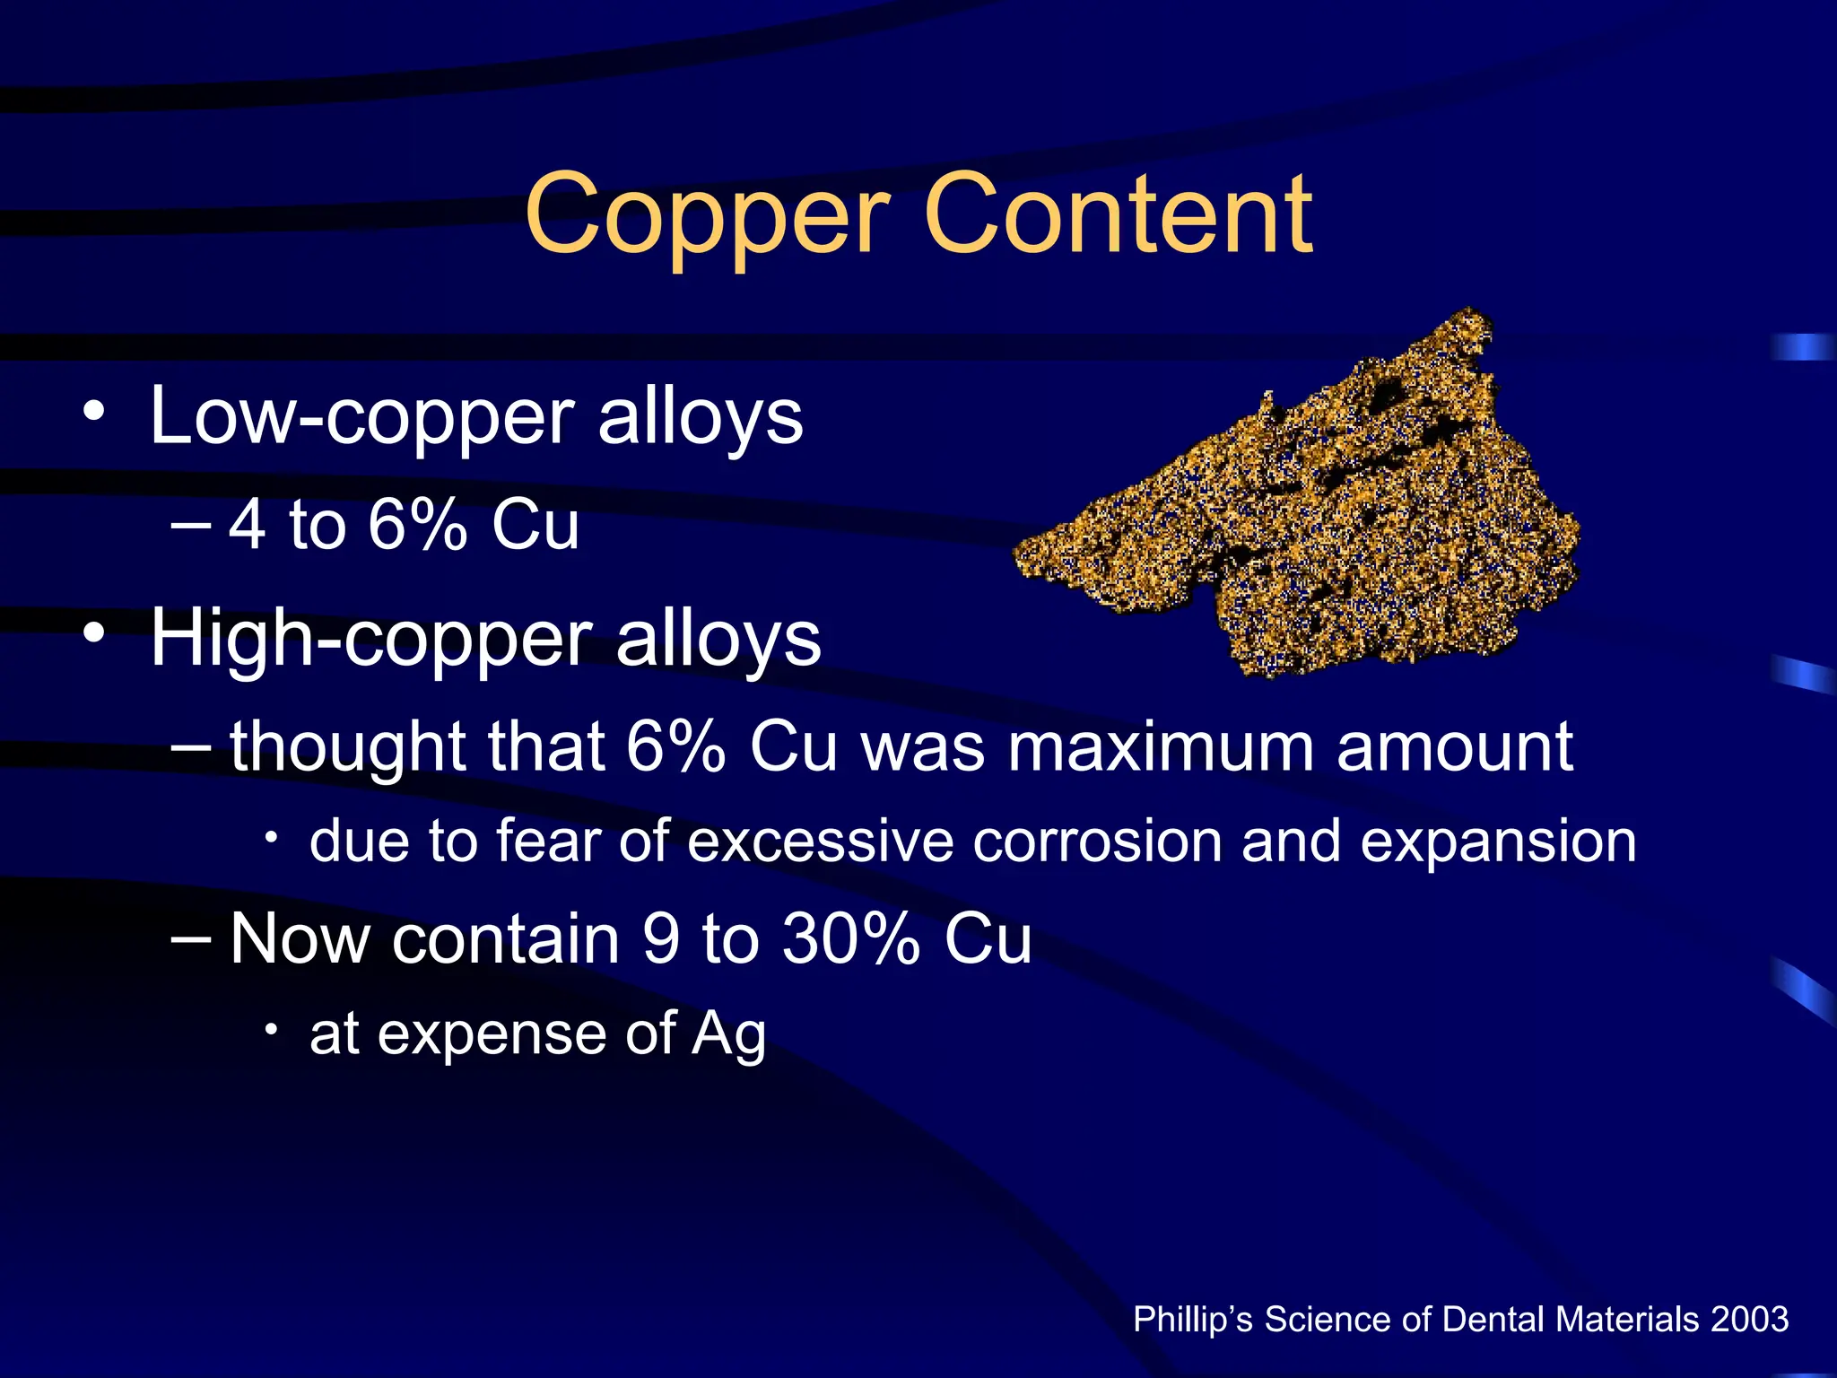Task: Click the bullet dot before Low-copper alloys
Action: tap(93, 414)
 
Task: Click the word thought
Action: tap(348, 746)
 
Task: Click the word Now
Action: tap(300, 938)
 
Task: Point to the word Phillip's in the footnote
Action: tap(1193, 1320)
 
